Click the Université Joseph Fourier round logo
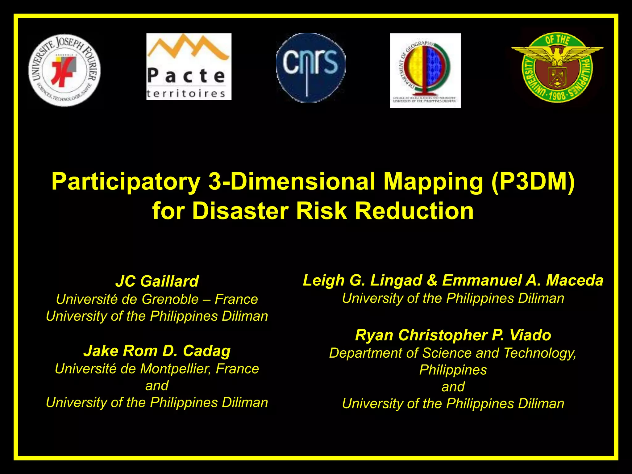click(64, 70)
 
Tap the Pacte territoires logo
click(189, 66)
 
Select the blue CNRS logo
click(311, 68)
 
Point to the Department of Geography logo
click(425, 70)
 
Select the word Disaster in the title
click(240, 211)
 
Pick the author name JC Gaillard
click(157, 281)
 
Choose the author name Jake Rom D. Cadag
click(157, 351)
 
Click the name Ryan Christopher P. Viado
click(453, 335)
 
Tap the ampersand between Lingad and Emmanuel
click(432, 281)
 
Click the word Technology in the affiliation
click(540, 353)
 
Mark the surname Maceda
click(575, 281)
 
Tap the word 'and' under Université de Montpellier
click(157, 386)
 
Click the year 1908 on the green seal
click(557, 96)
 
